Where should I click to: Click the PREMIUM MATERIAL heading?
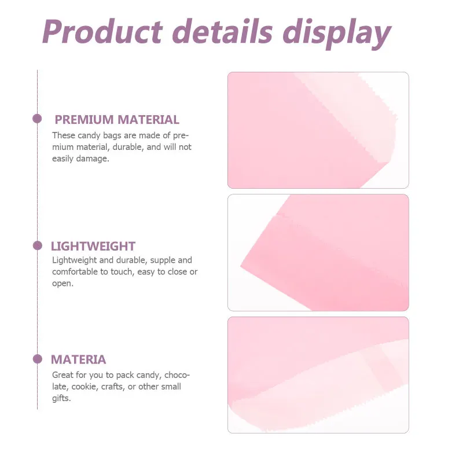117,120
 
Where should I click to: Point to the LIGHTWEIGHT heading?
93,246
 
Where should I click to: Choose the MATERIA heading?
79,359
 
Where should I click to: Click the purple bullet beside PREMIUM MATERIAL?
37,119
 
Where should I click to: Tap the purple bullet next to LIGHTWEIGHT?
38,245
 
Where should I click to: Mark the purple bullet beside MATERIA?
38,359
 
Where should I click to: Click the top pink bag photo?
318,130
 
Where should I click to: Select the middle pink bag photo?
318,252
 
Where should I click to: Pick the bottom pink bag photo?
318,374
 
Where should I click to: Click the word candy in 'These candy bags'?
90,135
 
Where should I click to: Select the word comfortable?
76,272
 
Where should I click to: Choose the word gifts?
61,398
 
